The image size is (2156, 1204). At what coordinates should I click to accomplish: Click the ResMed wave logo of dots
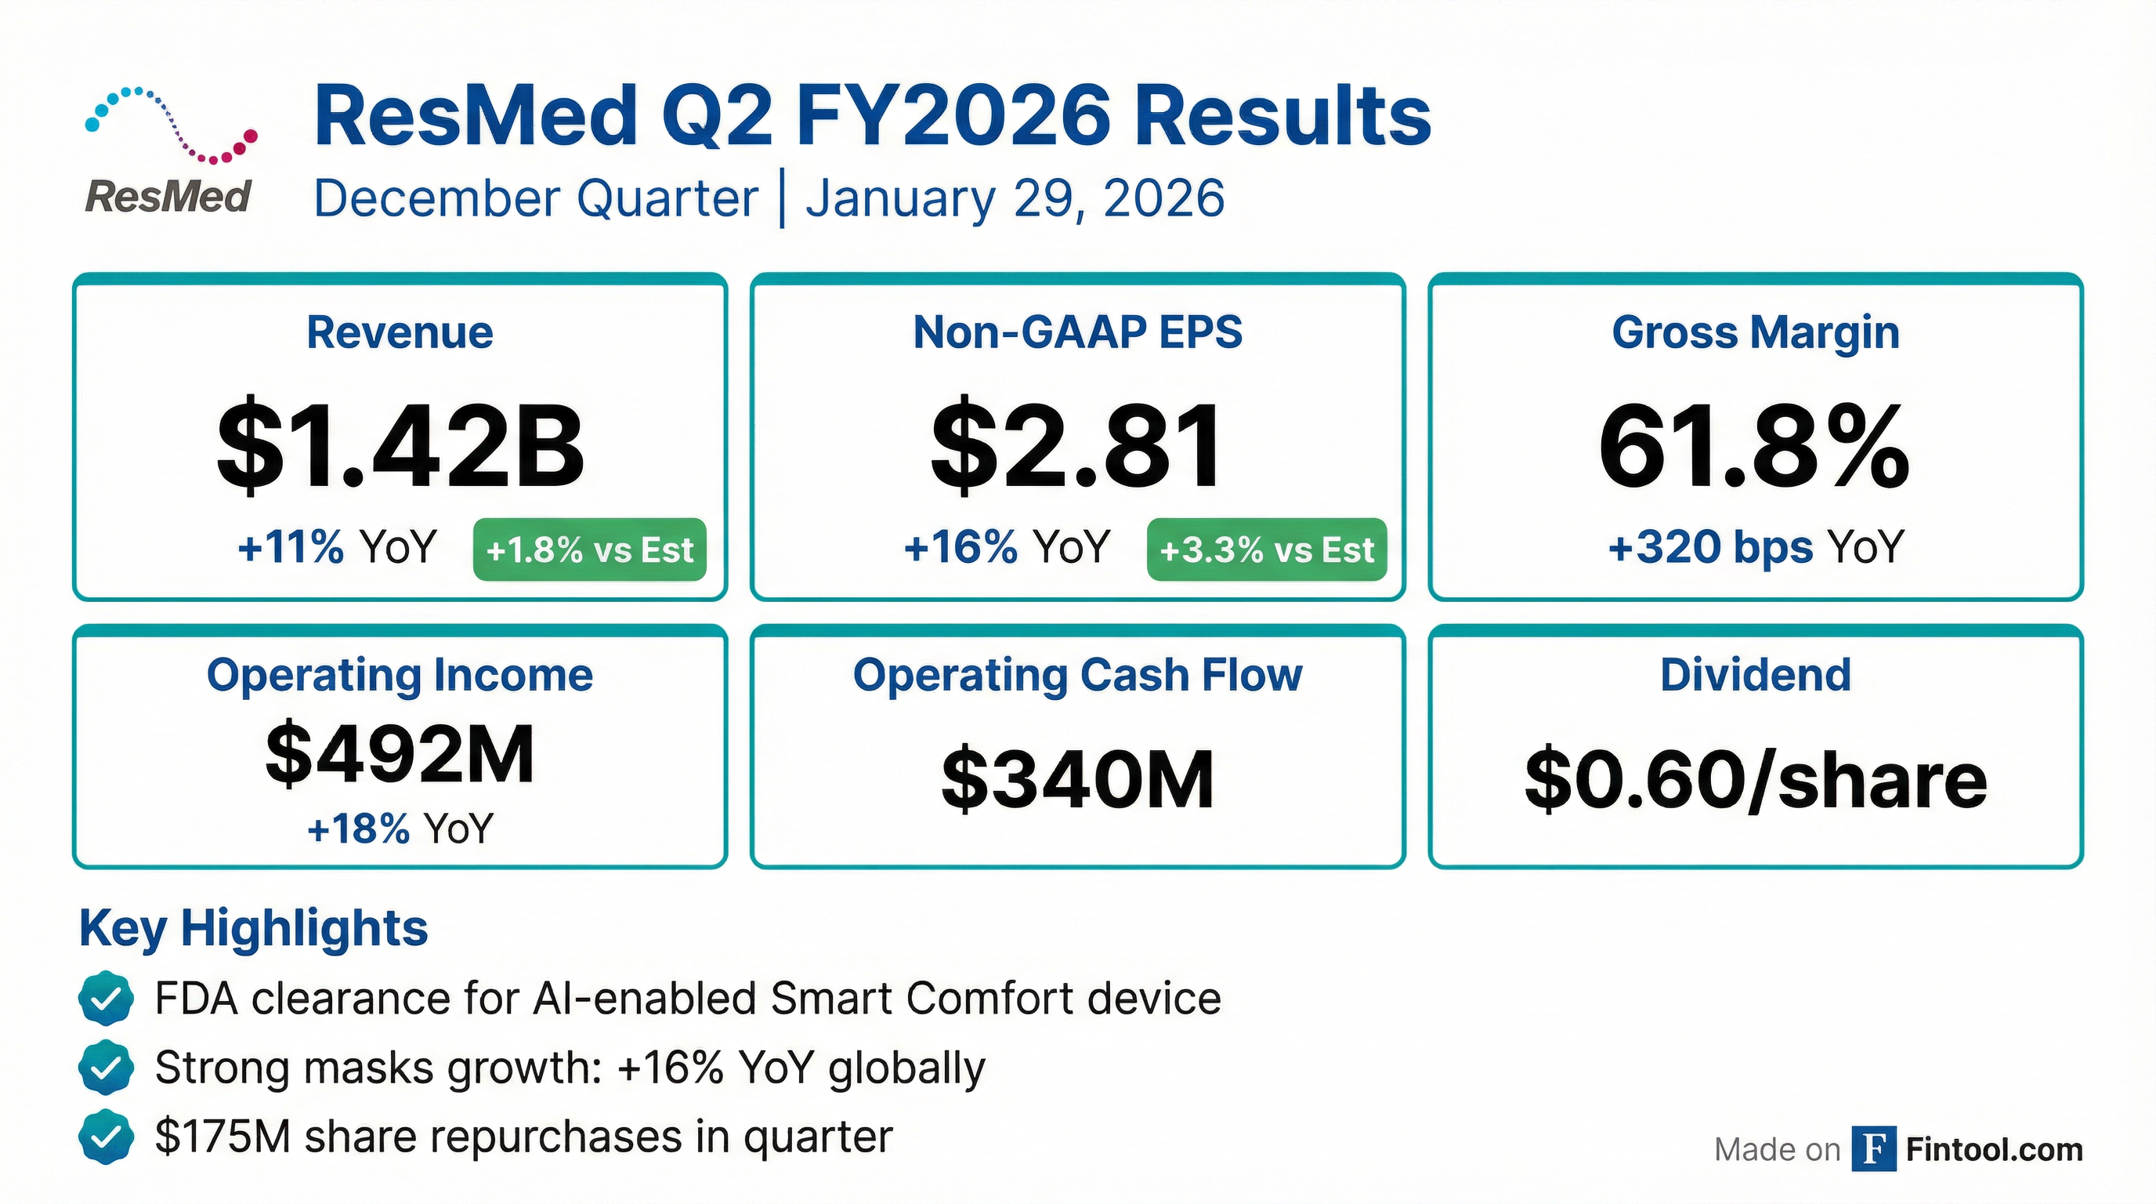point(171,124)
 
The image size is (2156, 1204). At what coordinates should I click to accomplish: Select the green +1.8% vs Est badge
point(589,549)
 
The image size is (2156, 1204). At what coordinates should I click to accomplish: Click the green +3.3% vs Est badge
point(1266,549)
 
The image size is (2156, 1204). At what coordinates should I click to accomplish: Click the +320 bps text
point(1710,547)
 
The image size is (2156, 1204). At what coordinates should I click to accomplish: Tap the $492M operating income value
point(400,753)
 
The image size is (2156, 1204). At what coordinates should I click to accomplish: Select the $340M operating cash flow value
point(1078,779)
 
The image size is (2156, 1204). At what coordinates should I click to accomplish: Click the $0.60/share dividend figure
point(1756,779)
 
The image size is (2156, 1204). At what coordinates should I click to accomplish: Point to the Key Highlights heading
point(254,928)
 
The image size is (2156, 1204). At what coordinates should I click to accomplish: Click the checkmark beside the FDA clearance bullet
point(106,998)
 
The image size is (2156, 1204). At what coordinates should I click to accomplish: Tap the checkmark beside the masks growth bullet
point(106,1068)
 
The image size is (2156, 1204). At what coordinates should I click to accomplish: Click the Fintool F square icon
point(1874,1149)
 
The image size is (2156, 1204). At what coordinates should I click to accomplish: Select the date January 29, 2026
point(1015,199)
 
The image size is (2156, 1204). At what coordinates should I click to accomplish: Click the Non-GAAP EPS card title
point(1078,332)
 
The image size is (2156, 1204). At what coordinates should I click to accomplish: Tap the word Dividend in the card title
point(1756,675)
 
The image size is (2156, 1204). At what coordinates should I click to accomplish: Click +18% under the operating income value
point(358,828)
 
